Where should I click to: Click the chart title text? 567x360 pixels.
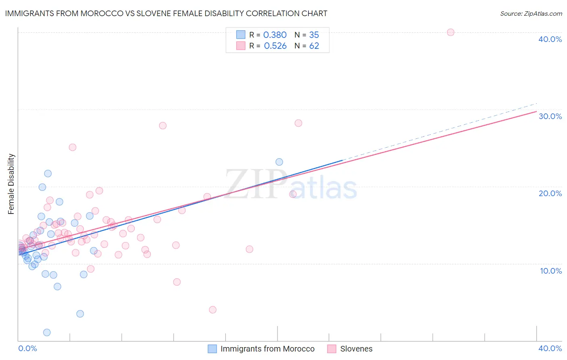[x=166, y=13]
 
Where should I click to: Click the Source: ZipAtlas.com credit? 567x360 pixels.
[x=531, y=13]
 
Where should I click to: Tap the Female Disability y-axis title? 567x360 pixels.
[x=11, y=184]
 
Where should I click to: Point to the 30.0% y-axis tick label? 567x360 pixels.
[x=550, y=116]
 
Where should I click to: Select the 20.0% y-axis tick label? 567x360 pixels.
[x=550, y=193]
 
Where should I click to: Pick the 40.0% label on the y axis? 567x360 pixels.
[x=550, y=39]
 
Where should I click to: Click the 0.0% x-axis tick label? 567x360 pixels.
[x=27, y=348]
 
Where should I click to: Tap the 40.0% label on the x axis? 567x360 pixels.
[x=550, y=348]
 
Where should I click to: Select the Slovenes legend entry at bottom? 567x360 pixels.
[x=356, y=349]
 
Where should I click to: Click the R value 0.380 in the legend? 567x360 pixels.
[x=275, y=35]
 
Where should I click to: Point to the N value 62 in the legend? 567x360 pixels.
[x=314, y=46]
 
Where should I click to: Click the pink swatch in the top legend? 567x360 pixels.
[x=241, y=46]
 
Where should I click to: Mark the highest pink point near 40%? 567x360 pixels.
[x=450, y=32]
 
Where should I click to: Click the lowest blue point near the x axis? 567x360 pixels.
[x=47, y=333]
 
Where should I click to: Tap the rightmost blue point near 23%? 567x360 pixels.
[x=279, y=162]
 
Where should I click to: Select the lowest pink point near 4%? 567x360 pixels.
[x=213, y=310]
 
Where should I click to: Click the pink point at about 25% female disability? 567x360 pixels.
[x=73, y=147]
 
